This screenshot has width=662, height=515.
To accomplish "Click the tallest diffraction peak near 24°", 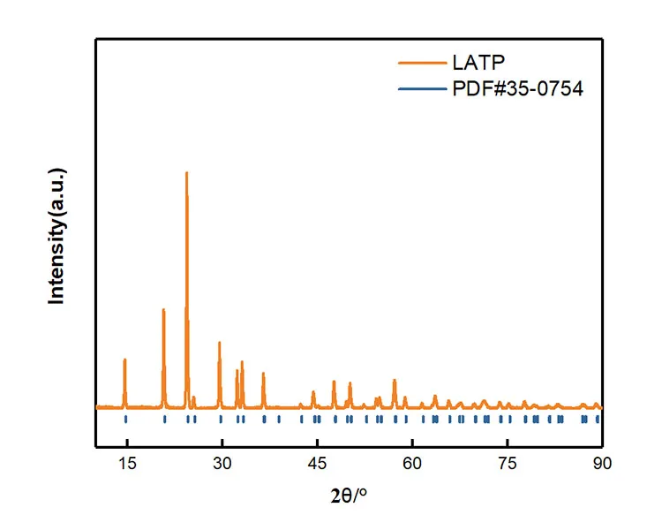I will tap(186, 173).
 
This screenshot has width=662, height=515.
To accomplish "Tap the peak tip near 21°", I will tap(163, 309).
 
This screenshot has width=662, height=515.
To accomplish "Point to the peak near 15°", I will tap(124, 360).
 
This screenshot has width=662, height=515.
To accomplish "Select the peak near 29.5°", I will tap(219, 343).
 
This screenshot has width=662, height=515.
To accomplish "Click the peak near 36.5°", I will tap(263, 374).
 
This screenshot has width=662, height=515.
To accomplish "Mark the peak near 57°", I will tap(395, 381).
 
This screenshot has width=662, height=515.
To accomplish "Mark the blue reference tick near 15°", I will tap(125, 420).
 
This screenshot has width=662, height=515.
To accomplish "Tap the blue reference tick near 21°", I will tap(164, 420).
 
